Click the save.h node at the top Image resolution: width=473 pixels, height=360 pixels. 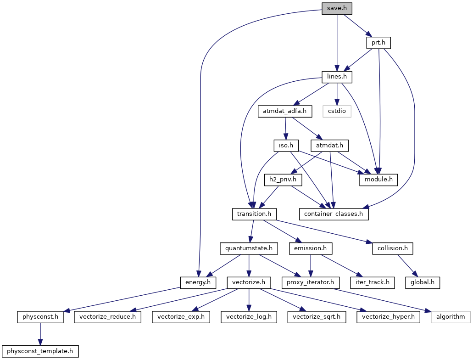pos(337,9)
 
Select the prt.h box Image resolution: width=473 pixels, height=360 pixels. pos(378,43)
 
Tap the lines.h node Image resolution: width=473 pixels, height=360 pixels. pos(337,77)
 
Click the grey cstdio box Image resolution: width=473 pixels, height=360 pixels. pos(337,111)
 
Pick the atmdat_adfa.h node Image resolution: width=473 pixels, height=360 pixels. pos(285,111)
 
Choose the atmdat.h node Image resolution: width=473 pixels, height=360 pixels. pos(329,146)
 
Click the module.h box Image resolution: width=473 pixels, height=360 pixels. pos(378,180)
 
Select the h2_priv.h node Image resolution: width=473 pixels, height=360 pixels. pos(283,180)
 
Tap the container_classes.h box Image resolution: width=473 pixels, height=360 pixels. pos(334,214)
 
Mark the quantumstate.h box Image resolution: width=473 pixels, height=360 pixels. pos(249,248)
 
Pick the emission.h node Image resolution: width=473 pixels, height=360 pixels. pos(311,248)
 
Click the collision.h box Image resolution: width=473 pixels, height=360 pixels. pos(393,248)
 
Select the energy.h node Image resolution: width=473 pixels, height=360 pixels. pos(198,282)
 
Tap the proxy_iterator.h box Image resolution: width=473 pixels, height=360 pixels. pos(311,282)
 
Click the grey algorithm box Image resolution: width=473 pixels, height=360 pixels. pos(451,316)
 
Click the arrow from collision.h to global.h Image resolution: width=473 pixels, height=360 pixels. pos(407,265)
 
